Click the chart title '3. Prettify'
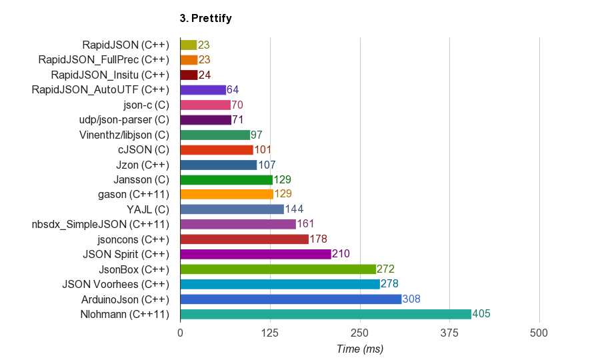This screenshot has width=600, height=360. pyautogui.click(x=205, y=19)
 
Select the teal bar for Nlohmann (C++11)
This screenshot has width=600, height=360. pyautogui.click(x=325, y=314)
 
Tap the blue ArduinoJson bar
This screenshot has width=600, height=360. pyautogui.click(x=291, y=299)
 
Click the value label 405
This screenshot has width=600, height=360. pyautogui.click(x=481, y=314)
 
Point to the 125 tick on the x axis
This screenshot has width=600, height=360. pyautogui.click(x=270, y=332)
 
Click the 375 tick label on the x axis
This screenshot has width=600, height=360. pyautogui.click(x=449, y=332)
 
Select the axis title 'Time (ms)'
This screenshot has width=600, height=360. pyautogui.click(x=360, y=349)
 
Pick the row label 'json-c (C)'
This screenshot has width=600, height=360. pyautogui.click(x=146, y=105)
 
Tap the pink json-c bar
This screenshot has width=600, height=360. pyautogui.click(x=205, y=105)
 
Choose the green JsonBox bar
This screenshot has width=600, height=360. pyautogui.click(x=278, y=269)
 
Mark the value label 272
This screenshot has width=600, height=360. pyautogui.click(x=385, y=269)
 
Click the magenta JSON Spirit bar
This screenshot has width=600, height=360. pyautogui.click(x=255, y=254)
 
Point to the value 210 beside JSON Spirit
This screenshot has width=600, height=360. pyautogui.click(x=341, y=254)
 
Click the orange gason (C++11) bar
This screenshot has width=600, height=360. pyautogui.click(x=227, y=194)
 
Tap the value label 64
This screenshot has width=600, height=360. pyautogui.click(x=233, y=89)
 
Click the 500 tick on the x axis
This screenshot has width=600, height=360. pyautogui.click(x=539, y=332)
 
